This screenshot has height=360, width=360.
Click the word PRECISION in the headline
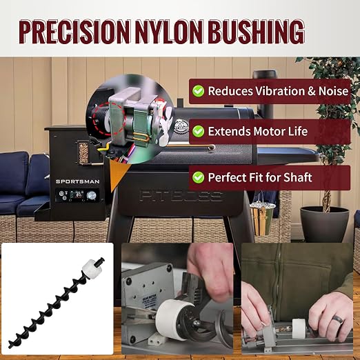tap(74, 32)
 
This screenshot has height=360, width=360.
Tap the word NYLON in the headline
tap(169, 32)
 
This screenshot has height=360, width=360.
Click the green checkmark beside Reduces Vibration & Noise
tap(198, 91)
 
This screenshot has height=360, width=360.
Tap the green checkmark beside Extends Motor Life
tap(198, 131)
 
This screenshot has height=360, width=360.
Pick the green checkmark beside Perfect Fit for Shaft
tap(198, 177)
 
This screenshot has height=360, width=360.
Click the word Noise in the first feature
tap(333, 91)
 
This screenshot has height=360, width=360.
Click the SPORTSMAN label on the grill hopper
tap(78, 181)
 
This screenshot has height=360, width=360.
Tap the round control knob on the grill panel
tap(92, 196)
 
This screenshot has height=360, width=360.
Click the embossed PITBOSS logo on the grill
tap(181, 196)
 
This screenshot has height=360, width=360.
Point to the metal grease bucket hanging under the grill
tap(262, 219)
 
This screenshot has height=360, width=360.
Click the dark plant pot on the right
tap(324, 223)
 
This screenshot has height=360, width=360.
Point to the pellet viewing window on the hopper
tap(83, 153)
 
